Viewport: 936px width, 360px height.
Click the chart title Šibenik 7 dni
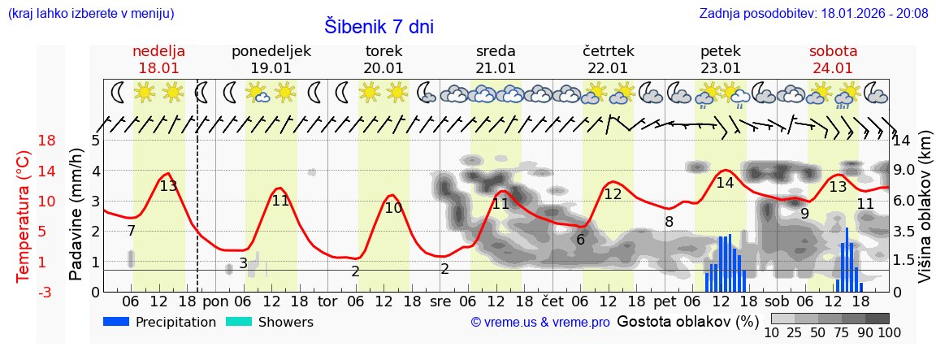379,26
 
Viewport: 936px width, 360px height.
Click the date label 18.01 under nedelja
158,68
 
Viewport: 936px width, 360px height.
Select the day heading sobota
833,51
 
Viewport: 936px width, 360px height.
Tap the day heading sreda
496,51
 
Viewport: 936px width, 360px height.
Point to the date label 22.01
608,68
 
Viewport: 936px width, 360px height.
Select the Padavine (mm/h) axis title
76,215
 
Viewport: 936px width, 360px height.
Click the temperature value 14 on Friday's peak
725,183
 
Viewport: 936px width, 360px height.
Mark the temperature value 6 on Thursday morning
580,240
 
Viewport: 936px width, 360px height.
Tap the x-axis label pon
215,301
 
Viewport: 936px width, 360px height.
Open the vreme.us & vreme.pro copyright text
540,322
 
